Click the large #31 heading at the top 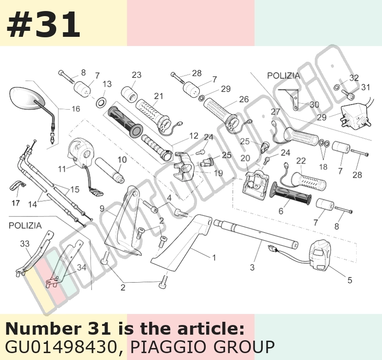pyautogui.click(x=43, y=25)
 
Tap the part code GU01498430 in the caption pyautogui.click(x=61, y=347)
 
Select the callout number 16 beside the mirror pyautogui.click(x=76, y=109)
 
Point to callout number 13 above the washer pyautogui.click(x=107, y=84)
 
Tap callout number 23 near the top pyautogui.click(x=137, y=75)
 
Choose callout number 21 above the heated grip pyautogui.click(x=159, y=96)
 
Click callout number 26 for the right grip pyautogui.click(x=244, y=99)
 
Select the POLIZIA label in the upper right pyautogui.click(x=284, y=75)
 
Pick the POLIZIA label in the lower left pyautogui.click(x=25, y=226)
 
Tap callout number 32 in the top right pyautogui.click(x=354, y=78)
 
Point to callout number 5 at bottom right pyautogui.click(x=350, y=280)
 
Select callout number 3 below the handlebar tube pyautogui.click(x=252, y=267)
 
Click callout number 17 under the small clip pyautogui.click(x=16, y=203)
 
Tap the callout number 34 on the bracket pyautogui.click(x=81, y=267)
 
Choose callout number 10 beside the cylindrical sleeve pyautogui.click(x=122, y=160)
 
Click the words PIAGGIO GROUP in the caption pyautogui.click(x=203, y=347)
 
